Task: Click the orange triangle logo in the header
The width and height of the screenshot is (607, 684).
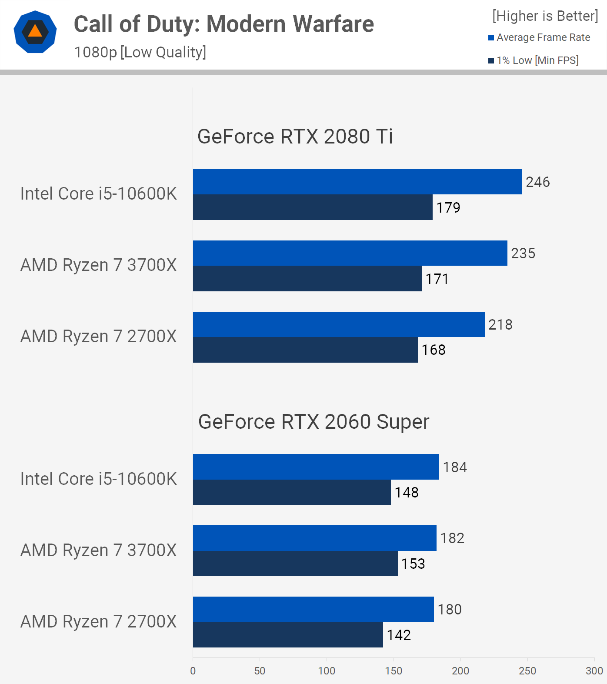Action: (x=35, y=32)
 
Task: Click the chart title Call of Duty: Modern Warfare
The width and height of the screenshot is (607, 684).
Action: (x=223, y=24)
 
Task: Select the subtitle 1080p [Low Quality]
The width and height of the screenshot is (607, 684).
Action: (x=140, y=52)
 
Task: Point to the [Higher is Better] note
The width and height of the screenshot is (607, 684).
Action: (x=545, y=16)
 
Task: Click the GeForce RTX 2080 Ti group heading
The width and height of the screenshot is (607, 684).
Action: (x=295, y=137)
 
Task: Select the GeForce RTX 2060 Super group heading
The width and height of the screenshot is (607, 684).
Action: (x=314, y=422)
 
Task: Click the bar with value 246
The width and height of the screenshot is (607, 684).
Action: (x=357, y=182)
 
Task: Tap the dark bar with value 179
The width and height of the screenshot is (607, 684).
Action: (x=313, y=207)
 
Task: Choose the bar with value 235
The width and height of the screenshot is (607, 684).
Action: (x=350, y=253)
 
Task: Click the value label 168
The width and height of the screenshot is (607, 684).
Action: (x=434, y=350)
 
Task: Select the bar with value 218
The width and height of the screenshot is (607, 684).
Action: (x=338, y=324)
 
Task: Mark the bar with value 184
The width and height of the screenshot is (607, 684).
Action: (x=316, y=467)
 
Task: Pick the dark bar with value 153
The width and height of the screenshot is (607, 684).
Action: (x=295, y=564)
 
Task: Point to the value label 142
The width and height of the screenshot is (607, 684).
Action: (x=399, y=635)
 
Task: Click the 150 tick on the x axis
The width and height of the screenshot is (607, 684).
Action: (x=394, y=671)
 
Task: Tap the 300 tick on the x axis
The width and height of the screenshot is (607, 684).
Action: (x=594, y=671)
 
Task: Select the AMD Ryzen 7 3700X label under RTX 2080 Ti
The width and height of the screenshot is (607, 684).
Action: (x=99, y=265)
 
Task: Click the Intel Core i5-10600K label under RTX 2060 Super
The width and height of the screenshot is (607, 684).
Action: (x=99, y=479)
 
